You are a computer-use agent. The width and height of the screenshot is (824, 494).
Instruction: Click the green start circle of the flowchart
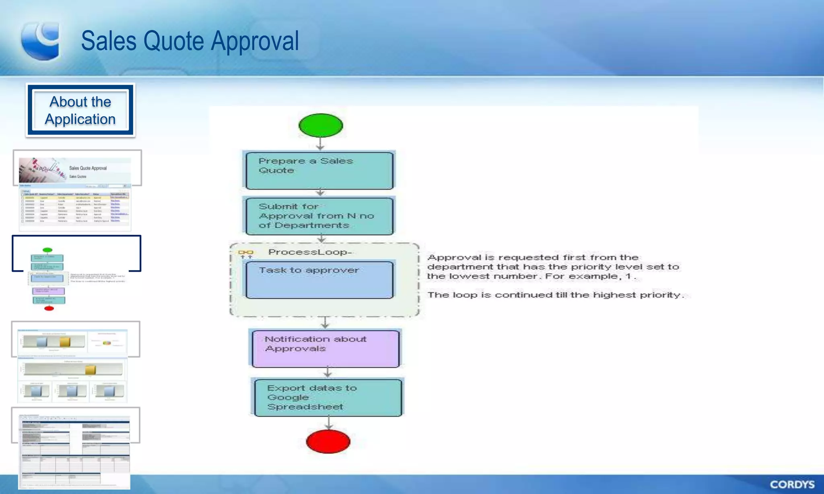click(321, 125)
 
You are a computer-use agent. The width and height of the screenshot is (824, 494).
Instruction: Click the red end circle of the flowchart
click(328, 441)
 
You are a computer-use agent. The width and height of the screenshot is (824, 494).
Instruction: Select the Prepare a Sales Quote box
click(319, 170)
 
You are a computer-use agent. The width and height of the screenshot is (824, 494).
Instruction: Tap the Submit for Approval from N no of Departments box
click(319, 216)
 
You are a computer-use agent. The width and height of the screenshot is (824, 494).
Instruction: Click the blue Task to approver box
click(319, 280)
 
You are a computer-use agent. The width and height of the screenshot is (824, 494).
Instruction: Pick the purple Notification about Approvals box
click(326, 348)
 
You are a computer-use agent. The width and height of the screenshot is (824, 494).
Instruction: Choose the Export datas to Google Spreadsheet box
click(328, 398)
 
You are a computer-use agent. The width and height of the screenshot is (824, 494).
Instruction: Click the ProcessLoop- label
click(310, 252)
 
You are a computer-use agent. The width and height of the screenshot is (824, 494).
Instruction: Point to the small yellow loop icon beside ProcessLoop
click(245, 253)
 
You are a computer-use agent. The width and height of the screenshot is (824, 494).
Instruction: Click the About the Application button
click(80, 110)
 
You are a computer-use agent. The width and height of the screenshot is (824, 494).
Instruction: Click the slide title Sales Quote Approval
click(190, 41)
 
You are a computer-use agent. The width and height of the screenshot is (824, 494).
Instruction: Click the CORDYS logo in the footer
click(792, 484)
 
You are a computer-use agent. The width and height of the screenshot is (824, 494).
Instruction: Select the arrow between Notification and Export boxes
click(328, 372)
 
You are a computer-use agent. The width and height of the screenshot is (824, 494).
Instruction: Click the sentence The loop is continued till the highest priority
click(555, 295)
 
